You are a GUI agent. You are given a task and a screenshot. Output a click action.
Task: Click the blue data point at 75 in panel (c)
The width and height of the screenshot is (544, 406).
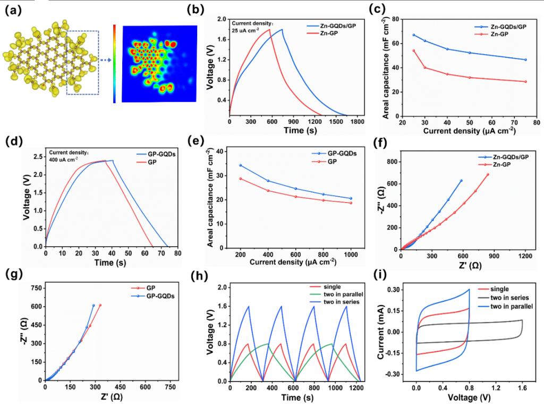click(x=525, y=60)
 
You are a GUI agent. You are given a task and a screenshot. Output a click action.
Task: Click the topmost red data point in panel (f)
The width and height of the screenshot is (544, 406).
click(x=488, y=174)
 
